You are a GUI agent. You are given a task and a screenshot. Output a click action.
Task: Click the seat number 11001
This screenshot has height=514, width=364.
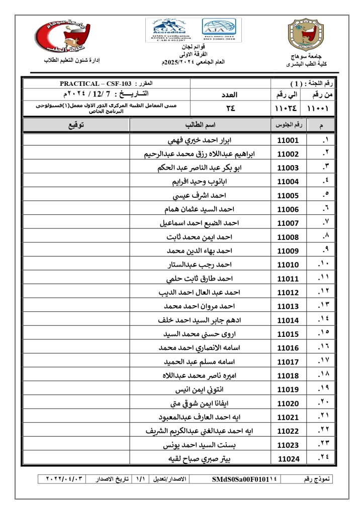(288, 141)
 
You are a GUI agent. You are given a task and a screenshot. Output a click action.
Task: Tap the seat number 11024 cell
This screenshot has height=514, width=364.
(288, 459)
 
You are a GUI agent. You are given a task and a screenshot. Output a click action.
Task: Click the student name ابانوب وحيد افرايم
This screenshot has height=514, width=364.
(200, 182)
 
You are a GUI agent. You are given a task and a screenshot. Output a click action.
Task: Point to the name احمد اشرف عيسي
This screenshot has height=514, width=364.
(200, 196)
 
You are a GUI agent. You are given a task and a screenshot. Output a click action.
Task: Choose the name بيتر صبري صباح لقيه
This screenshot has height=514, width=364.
(200, 459)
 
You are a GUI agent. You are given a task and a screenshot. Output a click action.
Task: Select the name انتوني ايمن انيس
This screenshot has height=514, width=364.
(200, 390)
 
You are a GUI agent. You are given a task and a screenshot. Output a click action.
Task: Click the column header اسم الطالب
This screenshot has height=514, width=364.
(201, 124)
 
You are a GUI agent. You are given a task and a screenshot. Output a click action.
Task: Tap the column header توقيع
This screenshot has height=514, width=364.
(76, 124)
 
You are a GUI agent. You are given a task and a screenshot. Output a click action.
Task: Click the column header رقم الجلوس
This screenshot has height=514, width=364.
(288, 124)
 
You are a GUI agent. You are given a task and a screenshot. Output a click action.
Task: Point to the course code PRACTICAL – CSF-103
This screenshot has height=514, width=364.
(95, 83)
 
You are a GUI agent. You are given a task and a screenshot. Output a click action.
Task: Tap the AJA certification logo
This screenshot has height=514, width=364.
(219, 30)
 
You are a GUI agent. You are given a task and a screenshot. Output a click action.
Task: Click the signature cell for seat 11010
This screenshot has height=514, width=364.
(76, 265)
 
